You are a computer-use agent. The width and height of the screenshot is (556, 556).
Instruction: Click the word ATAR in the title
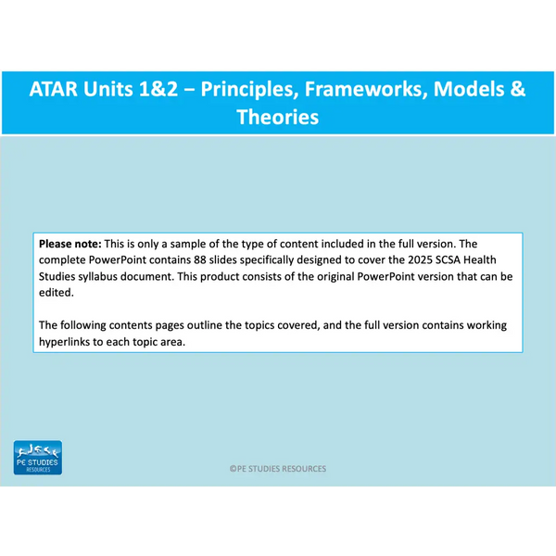tap(53, 89)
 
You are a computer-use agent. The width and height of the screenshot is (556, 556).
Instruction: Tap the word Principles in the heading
tap(249, 89)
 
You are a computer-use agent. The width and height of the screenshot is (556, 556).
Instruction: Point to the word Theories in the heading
tap(278, 117)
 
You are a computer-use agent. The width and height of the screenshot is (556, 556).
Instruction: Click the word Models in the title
tap(468, 89)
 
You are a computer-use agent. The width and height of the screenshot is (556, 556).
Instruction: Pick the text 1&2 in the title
tap(158, 89)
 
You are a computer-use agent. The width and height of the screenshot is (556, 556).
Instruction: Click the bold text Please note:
tap(70, 244)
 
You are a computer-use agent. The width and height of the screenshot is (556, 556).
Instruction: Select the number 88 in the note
tap(200, 259)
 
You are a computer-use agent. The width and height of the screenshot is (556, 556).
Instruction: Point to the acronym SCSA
tap(448, 259)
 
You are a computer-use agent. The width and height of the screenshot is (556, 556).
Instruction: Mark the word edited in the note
tap(57, 293)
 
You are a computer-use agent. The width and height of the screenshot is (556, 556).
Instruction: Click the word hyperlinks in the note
tap(64, 342)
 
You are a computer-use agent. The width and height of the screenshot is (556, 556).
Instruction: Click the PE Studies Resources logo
tap(38, 458)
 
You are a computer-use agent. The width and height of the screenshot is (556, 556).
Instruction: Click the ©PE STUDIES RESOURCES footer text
tap(278, 469)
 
